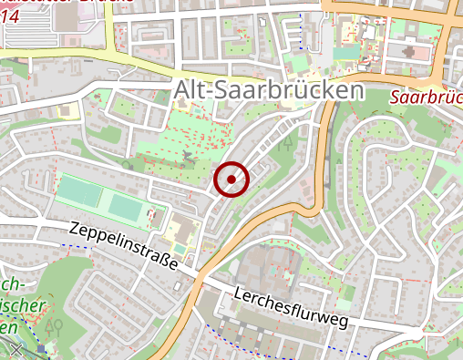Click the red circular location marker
pos(231,180)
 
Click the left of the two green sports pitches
pos(80,191)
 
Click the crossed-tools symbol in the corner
pos(15,349)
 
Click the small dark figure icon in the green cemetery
pos(189,159)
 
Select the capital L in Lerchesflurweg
pos(238,293)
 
